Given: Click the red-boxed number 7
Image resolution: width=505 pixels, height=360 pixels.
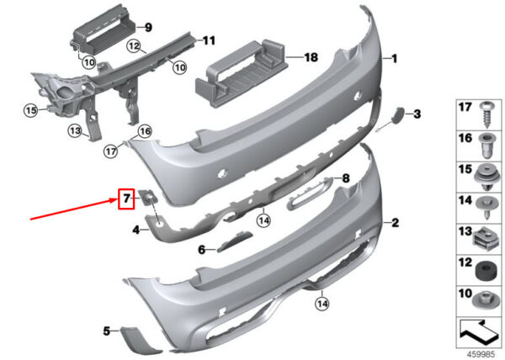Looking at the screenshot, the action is click(126, 199).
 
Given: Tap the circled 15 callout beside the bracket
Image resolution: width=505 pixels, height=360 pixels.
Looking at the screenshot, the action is click(31, 111).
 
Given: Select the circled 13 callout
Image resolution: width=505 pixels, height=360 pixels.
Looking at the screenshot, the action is click(76, 131).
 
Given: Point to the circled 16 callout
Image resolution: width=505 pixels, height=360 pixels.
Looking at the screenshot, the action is click(145, 131).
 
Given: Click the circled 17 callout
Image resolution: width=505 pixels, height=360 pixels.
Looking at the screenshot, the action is click(111, 151).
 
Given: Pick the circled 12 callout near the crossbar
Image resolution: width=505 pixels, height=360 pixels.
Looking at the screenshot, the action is click(134, 46).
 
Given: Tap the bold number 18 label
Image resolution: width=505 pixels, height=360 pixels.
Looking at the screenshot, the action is click(311, 57).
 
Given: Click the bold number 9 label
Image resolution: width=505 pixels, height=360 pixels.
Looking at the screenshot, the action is click(148, 28).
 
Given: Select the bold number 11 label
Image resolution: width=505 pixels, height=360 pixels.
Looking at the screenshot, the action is click(209, 41).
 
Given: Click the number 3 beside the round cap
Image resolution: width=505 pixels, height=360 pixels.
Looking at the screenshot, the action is click(417, 114).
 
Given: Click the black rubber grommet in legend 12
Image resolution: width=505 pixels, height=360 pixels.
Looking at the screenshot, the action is click(485, 272).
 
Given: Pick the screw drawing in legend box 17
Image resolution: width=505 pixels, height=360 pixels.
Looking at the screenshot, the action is click(487, 114).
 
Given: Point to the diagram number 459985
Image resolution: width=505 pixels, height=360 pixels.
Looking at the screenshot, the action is click(481, 354).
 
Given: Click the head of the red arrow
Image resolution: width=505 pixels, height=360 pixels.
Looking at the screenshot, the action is click(115, 200).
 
